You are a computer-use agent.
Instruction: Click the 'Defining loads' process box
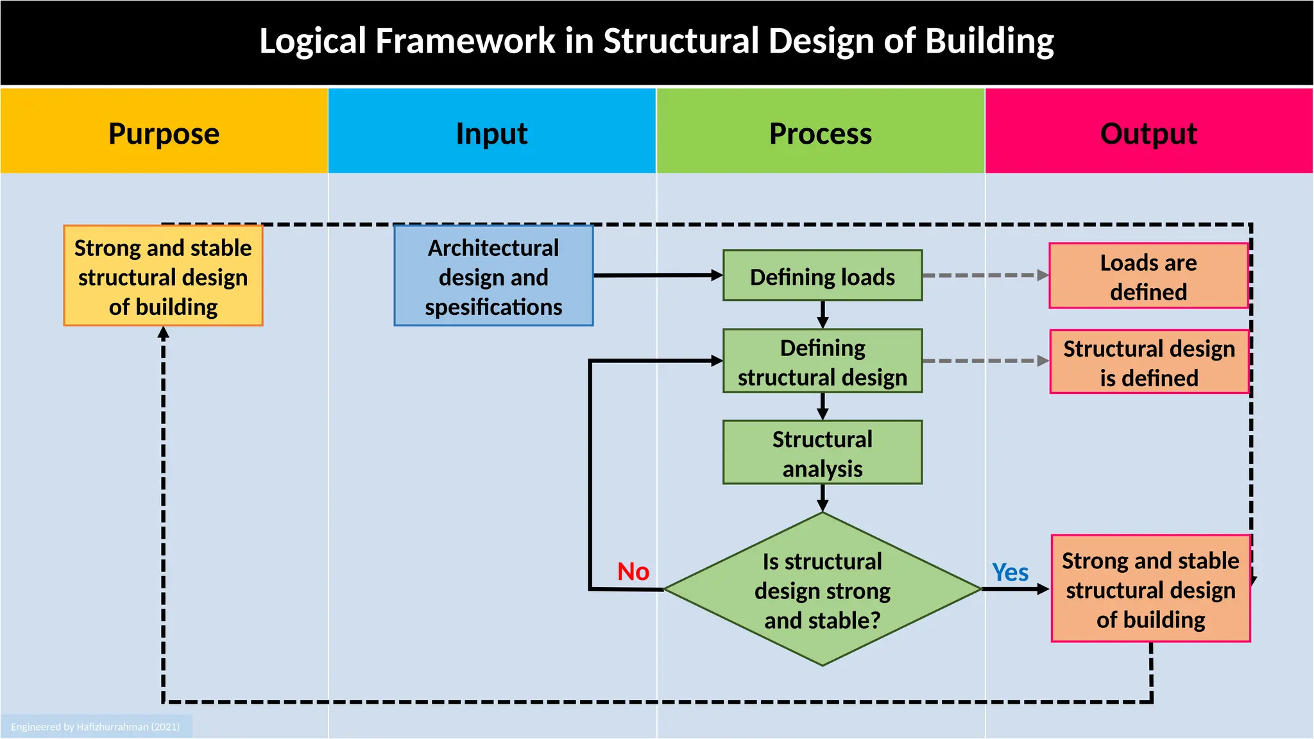[823, 276]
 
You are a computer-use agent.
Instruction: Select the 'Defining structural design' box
[823, 361]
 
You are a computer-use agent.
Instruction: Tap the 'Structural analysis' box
[823, 452]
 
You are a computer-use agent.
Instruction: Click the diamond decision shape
[823, 590]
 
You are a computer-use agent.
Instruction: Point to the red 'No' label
[633, 572]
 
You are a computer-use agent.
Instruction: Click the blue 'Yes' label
[1010, 572]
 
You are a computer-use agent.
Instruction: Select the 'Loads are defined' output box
[1148, 276]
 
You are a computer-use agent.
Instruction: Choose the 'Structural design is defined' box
[1149, 362]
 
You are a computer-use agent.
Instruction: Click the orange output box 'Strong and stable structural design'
[1150, 589]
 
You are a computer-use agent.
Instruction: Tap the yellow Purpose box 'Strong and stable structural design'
[163, 276]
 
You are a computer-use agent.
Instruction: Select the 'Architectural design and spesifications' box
[493, 276]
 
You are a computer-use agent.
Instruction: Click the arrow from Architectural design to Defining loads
[658, 275]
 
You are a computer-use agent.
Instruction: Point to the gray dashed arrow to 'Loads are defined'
[985, 275]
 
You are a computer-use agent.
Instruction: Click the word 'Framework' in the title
[465, 41]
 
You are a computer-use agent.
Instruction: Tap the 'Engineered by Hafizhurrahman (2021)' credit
[96, 727]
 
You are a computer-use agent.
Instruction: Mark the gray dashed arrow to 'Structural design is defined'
[985, 361]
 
